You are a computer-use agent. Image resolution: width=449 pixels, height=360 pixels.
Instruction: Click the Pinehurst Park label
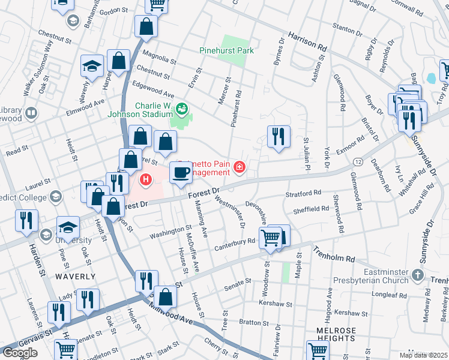[227, 50]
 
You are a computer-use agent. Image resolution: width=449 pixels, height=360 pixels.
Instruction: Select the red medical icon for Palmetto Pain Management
[240, 166]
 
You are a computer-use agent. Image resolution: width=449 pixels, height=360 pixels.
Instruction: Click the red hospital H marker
[145, 179]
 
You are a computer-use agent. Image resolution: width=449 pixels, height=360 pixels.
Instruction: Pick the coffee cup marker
[182, 173]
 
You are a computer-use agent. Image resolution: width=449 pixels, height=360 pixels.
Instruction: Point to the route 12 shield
[357, 163]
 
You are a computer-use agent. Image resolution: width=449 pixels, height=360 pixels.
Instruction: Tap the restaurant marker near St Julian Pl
[279, 136]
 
